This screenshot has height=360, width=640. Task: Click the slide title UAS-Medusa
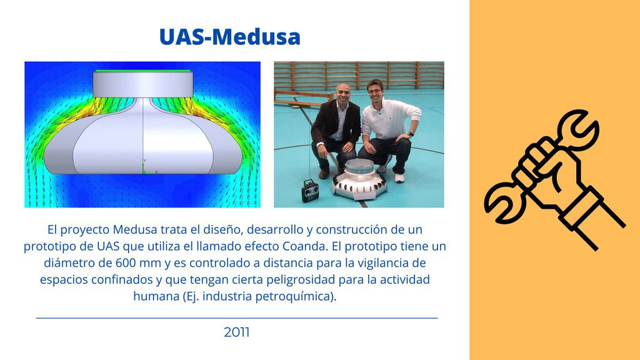tap(230, 37)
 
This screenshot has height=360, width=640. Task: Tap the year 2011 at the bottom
tap(237, 332)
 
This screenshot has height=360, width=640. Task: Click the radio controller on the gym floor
tap(310, 191)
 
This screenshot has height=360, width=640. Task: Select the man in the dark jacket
tap(335, 131)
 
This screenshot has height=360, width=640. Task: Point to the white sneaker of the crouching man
tap(399, 178)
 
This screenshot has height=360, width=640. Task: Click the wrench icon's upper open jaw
tap(579, 126)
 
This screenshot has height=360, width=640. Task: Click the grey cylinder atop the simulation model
tap(143, 84)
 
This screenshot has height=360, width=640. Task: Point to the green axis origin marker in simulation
tap(144, 167)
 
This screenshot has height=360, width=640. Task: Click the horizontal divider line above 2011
tap(237, 317)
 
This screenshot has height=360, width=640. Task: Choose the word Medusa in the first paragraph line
tap(135, 229)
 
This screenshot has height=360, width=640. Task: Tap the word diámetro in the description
tap(68, 263)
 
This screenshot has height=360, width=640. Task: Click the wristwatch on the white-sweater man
tap(411, 134)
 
